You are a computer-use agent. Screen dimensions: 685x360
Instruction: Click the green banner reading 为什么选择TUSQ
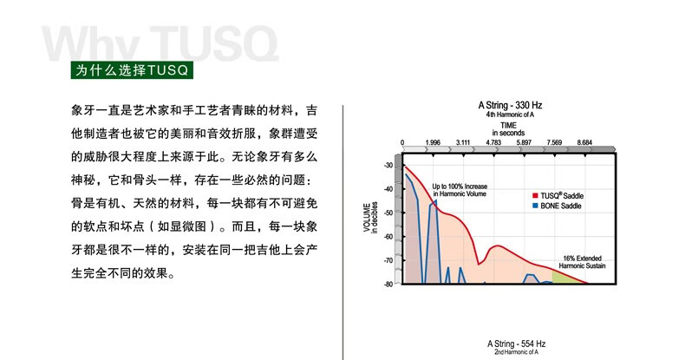[x=132, y=70]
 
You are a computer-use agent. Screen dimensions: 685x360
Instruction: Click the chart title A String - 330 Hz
[x=510, y=105]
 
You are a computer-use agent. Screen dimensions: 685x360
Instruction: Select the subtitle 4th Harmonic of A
[x=510, y=115]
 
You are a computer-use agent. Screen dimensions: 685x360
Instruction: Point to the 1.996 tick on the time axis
[x=433, y=142]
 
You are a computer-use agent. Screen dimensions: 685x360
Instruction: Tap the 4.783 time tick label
[x=493, y=142]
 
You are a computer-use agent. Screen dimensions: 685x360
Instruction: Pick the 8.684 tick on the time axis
[x=584, y=142]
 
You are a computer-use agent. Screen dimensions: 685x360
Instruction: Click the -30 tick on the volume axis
[x=388, y=165]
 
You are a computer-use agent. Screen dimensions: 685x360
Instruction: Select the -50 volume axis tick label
[x=388, y=213]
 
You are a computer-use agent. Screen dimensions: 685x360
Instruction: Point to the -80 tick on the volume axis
[x=388, y=284]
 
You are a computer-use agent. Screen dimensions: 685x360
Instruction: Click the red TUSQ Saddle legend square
[x=535, y=195]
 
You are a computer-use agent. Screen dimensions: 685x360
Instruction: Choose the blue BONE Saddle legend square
[x=535, y=206]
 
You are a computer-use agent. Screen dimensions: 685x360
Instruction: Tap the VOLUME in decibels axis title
[x=370, y=217]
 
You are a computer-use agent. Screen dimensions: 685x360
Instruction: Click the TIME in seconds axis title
[x=508, y=129]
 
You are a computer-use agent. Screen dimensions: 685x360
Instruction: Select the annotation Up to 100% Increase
[x=460, y=187]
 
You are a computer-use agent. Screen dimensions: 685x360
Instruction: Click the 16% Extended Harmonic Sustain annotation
[x=582, y=262]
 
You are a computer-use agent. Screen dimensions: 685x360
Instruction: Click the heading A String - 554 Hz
[x=517, y=344]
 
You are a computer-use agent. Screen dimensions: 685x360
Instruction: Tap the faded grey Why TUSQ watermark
[x=160, y=43]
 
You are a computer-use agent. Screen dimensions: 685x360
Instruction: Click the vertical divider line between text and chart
[x=343, y=232]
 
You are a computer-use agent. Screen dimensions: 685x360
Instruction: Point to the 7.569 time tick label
[x=554, y=142]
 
